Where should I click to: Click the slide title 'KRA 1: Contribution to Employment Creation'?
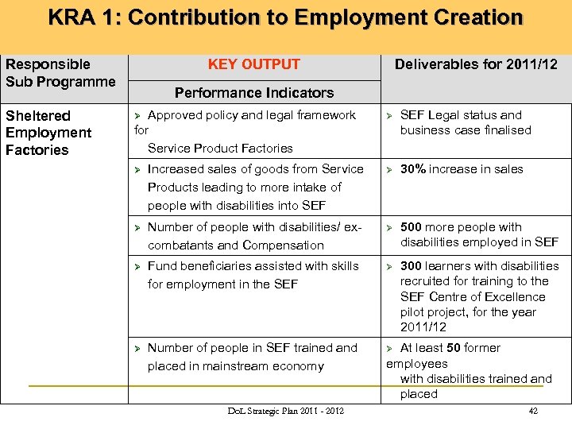(285, 17)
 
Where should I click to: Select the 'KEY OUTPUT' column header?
(254, 64)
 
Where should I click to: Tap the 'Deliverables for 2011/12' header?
(476, 64)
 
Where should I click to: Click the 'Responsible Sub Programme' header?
(60, 73)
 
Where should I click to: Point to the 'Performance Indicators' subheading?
(254, 93)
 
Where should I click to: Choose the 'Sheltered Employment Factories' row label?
(48, 133)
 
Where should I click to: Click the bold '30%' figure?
(413, 169)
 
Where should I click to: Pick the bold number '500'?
(411, 227)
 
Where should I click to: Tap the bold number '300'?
(411, 266)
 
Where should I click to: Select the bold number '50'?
(454, 348)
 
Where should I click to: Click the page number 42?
(533, 411)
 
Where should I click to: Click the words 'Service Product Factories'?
(220, 149)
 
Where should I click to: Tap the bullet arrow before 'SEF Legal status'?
(389, 116)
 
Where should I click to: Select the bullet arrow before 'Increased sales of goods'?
(137, 169)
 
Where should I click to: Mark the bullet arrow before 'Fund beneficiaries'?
(137, 266)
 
